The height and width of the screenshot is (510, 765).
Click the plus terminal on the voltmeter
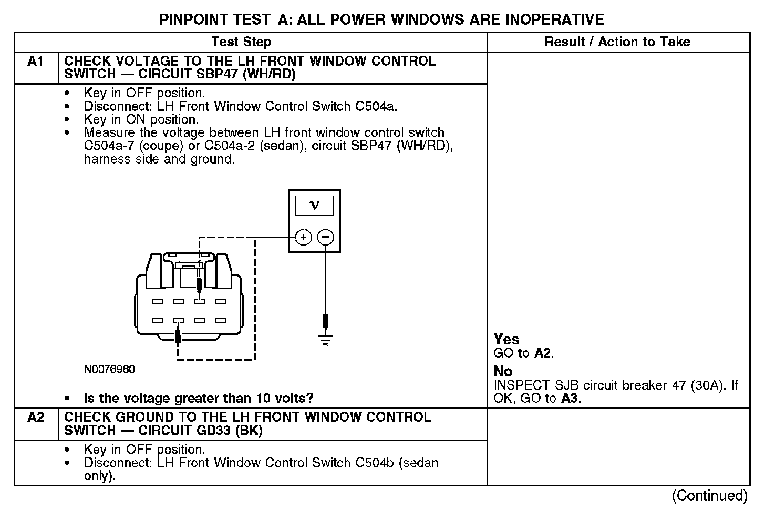(x=303, y=238)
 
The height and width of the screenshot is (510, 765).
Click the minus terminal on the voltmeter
(x=326, y=238)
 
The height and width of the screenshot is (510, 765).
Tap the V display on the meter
(x=314, y=206)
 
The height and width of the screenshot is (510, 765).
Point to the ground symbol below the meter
(x=326, y=339)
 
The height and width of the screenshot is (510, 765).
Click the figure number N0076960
(x=109, y=370)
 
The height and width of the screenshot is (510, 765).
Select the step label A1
(x=36, y=62)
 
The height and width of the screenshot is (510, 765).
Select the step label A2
(x=36, y=417)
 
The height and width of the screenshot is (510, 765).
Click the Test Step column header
(x=241, y=42)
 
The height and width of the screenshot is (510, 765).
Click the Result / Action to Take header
(x=617, y=42)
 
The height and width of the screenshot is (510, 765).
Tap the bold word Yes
(x=506, y=340)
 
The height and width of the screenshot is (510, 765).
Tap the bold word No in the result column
(x=503, y=371)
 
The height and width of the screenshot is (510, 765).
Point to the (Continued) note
(x=709, y=495)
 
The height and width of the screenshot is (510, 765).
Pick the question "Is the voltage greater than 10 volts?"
(x=199, y=398)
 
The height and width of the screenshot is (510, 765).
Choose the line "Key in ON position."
(x=141, y=119)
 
